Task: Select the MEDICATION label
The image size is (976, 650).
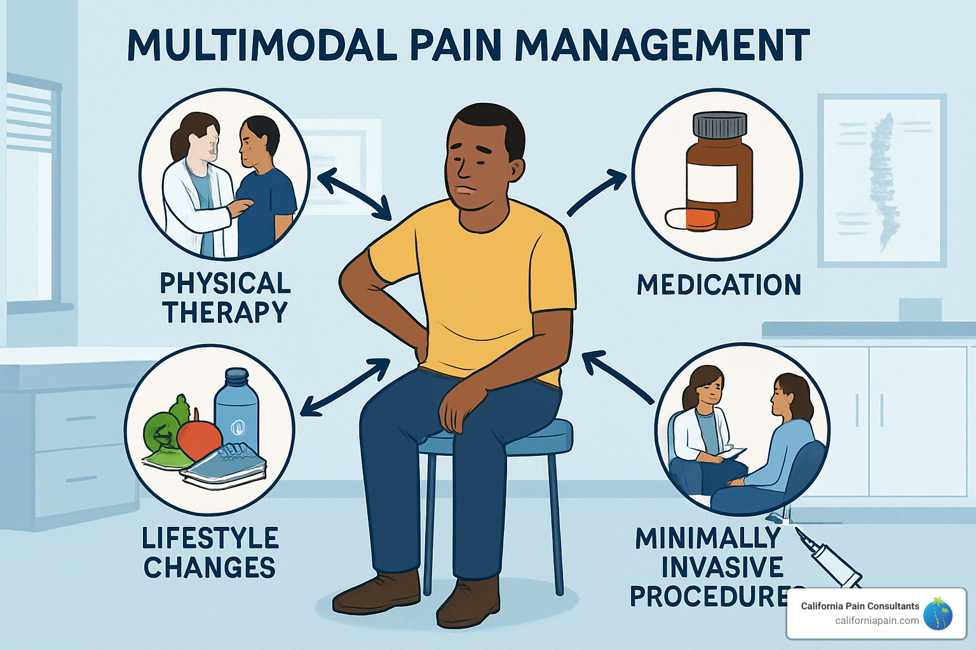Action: (719, 285)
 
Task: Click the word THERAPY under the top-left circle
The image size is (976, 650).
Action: (225, 312)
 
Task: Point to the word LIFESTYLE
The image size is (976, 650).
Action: (210, 538)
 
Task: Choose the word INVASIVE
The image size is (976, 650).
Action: (722, 567)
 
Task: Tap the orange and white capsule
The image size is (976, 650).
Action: (691, 218)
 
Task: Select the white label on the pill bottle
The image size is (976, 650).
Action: (712, 183)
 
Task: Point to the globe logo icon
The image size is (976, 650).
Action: (938, 614)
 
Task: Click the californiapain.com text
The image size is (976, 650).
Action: (876, 621)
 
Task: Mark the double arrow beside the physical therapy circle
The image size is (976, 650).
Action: (354, 194)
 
